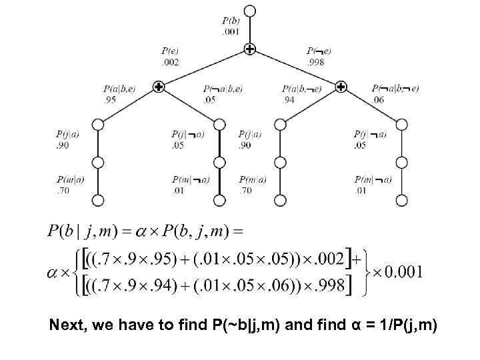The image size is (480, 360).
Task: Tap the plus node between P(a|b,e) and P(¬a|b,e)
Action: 159,86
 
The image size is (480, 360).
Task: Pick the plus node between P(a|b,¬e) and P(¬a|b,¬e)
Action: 341,86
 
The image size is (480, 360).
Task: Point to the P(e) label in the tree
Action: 169,51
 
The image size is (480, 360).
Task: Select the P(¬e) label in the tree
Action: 319,51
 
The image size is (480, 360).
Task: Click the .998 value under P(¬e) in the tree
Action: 315,62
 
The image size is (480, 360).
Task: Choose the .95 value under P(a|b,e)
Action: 110,99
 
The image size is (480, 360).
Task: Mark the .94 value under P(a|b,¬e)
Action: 289,99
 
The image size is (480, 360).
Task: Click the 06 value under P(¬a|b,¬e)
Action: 378,99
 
